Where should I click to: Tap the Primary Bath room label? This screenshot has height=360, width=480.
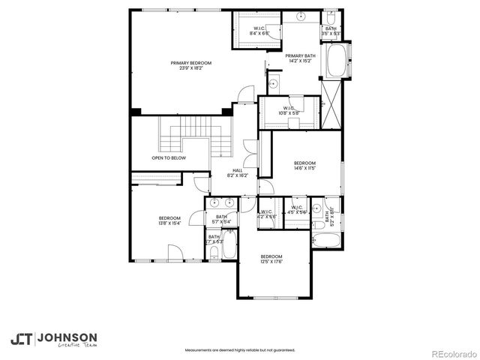coord(300,58)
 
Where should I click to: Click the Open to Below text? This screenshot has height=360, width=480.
coord(169,158)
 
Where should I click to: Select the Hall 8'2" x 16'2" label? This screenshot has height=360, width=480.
coord(237,172)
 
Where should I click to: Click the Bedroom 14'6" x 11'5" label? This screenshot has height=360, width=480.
coord(304,166)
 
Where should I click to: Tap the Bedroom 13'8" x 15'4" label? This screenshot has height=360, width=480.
coord(169,220)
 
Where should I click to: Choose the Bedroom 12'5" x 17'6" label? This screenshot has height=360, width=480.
coord(271,259)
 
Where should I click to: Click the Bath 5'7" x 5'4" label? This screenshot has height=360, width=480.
coord(221,219)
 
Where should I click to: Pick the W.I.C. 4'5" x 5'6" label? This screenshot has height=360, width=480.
coord(297,210)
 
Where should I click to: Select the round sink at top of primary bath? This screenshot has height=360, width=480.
coord(301,16)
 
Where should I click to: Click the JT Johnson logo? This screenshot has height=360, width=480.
coord(52,339)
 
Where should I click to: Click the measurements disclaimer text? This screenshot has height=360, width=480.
coord(239,349)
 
